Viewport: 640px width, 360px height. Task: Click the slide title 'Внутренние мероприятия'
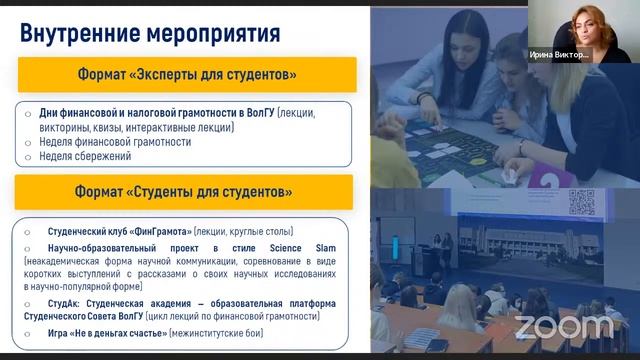click(x=150, y=32)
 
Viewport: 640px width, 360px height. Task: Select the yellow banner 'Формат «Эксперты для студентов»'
click(x=186, y=75)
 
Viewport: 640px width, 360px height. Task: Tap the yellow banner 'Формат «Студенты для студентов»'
click(x=186, y=191)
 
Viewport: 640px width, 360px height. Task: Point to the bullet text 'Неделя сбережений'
click(x=85, y=156)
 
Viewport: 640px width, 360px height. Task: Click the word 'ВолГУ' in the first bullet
click(x=259, y=114)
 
